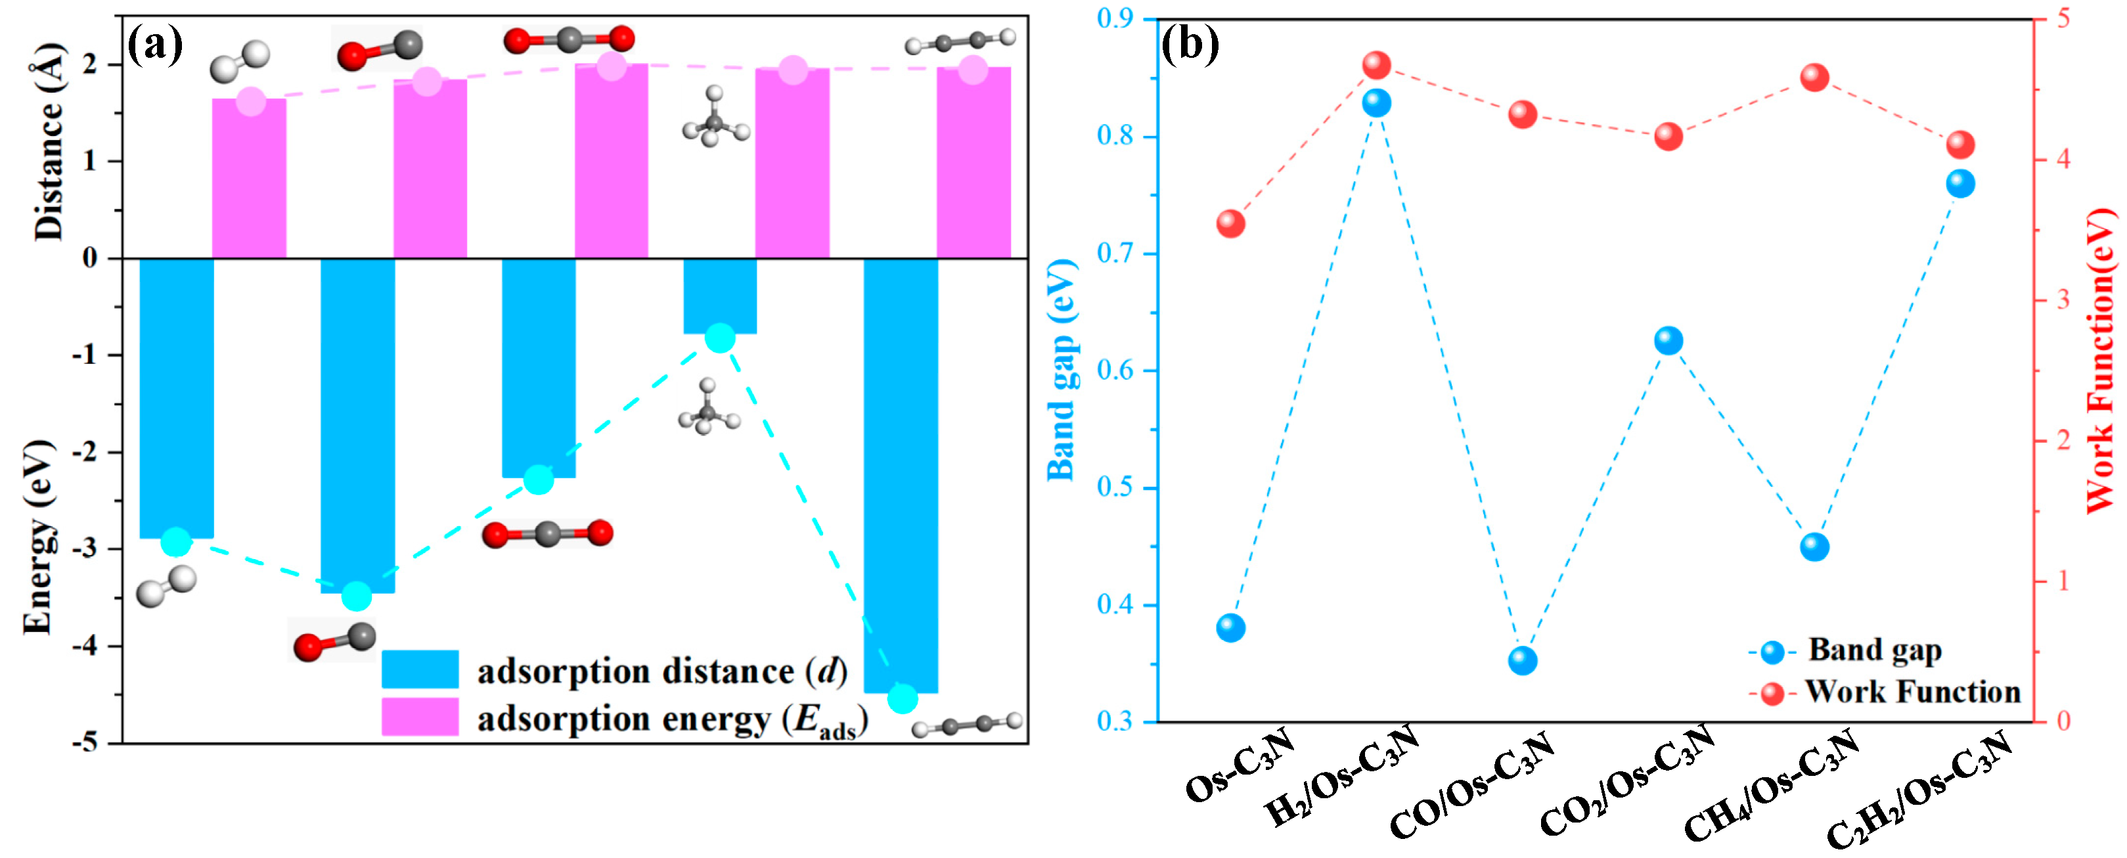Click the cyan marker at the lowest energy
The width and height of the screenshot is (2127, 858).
[x=903, y=698]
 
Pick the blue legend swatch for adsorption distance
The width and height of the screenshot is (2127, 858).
[x=420, y=669]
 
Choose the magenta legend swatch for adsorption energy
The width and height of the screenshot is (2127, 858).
[x=420, y=717]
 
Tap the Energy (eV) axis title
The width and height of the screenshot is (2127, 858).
[x=38, y=537]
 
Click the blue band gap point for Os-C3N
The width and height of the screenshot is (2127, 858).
[x=1230, y=627]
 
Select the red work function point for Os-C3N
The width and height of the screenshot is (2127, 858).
[x=1230, y=224]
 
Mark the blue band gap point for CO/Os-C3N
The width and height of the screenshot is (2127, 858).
[x=1523, y=661]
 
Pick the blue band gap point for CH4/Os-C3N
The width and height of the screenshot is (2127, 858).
[x=1814, y=547]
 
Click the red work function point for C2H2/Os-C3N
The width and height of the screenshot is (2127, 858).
[x=1960, y=145]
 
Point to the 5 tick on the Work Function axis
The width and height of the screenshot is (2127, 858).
[x=2064, y=19]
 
